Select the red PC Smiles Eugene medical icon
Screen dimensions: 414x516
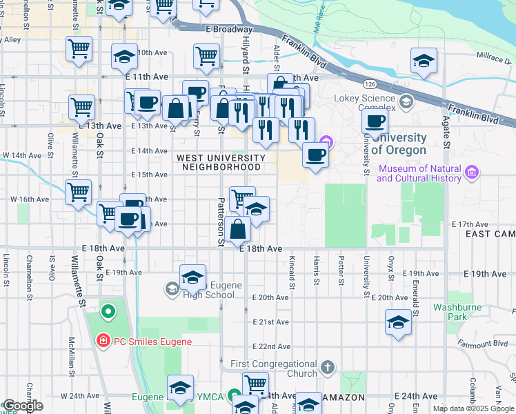101,341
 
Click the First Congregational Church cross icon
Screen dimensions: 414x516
328,367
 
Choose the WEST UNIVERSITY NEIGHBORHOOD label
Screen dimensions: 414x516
220,162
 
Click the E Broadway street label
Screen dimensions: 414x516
229,29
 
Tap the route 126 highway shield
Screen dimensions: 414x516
370,83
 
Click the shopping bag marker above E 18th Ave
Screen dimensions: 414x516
237,230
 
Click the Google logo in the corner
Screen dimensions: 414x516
22,406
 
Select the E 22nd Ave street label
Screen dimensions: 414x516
270,346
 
